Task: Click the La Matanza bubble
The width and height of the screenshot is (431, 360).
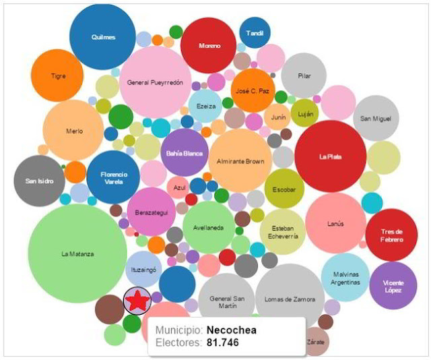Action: click(77, 254)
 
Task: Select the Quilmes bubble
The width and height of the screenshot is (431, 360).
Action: click(104, 37)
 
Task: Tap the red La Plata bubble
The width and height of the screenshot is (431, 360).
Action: click(331, 156)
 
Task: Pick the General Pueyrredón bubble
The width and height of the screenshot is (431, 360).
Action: click(156, 82)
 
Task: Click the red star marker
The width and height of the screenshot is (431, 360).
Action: click(137, 301)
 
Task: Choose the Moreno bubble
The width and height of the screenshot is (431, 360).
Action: click(209, 46)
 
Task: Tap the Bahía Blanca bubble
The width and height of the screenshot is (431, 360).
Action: click(184, 153)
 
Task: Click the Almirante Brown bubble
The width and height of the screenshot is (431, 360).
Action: click(240, 161)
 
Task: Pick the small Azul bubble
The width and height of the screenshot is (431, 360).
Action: click(179, 188)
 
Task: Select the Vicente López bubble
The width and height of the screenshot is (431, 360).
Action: click(393, 286)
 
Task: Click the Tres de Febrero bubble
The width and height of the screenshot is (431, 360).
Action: click(391, 235)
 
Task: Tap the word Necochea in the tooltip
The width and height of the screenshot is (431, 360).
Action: click(232, 330)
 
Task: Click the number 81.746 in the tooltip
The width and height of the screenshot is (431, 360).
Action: click(222, 343)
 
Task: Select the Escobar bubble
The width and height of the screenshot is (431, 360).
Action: click(284, 189)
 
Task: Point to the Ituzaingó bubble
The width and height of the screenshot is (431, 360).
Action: click(143, 269)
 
